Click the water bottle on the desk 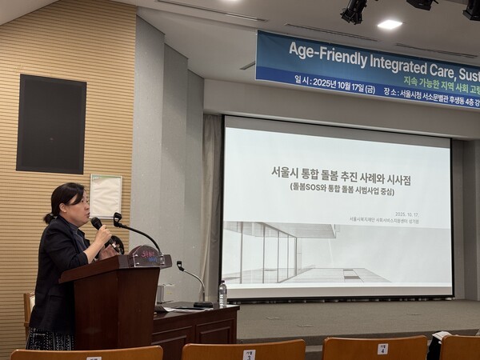pos(222,294)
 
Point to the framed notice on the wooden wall pos(106,195)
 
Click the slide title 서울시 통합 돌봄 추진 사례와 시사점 pos(337,172)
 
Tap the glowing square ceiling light pos(390,25)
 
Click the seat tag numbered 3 pos(249,354)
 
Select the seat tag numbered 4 pos(382,349)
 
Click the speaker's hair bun pos(50,217)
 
